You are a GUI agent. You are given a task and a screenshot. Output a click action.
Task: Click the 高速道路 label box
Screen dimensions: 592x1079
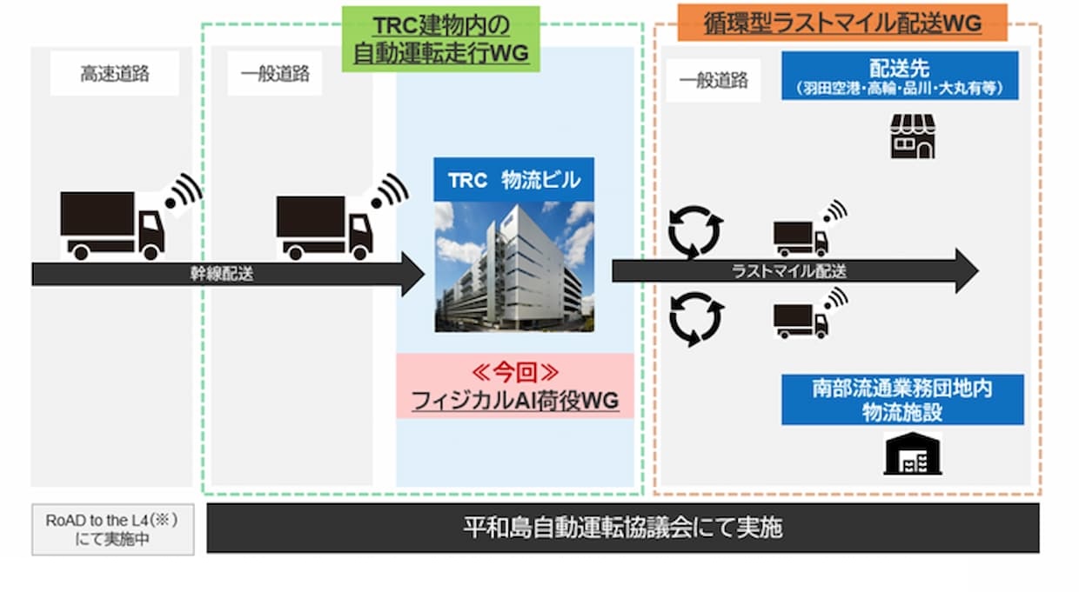coord(114,74)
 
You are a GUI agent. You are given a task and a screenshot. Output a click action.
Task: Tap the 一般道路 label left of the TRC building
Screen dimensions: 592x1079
coord(275,74)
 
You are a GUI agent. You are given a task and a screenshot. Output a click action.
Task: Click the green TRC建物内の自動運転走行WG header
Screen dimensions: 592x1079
coord(440,39)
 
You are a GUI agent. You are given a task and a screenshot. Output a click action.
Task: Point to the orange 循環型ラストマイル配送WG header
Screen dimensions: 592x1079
coord(841,23)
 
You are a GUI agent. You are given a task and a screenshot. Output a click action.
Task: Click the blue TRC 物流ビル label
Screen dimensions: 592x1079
coord(514,180)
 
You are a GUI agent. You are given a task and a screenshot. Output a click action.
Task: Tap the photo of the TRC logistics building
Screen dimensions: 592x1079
coord(514,266)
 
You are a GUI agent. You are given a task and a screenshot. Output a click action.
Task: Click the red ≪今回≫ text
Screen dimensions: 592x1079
coord(515,373)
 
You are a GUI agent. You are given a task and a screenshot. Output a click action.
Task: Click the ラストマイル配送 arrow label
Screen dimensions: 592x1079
coord(789,271)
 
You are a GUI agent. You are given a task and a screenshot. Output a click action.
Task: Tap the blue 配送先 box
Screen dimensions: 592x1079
coord(900,76)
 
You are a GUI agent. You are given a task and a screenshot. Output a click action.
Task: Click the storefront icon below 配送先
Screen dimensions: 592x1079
coord(912,136)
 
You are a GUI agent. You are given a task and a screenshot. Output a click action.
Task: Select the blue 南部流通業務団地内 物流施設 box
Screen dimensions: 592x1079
coord(901,400)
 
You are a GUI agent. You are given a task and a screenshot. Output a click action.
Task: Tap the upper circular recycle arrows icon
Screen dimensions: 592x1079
coord(695,230)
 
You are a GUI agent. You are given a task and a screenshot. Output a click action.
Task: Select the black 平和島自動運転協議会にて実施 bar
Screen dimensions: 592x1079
coord(622,528)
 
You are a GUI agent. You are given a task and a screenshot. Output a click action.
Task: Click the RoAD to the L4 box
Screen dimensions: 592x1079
coord(112,529)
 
